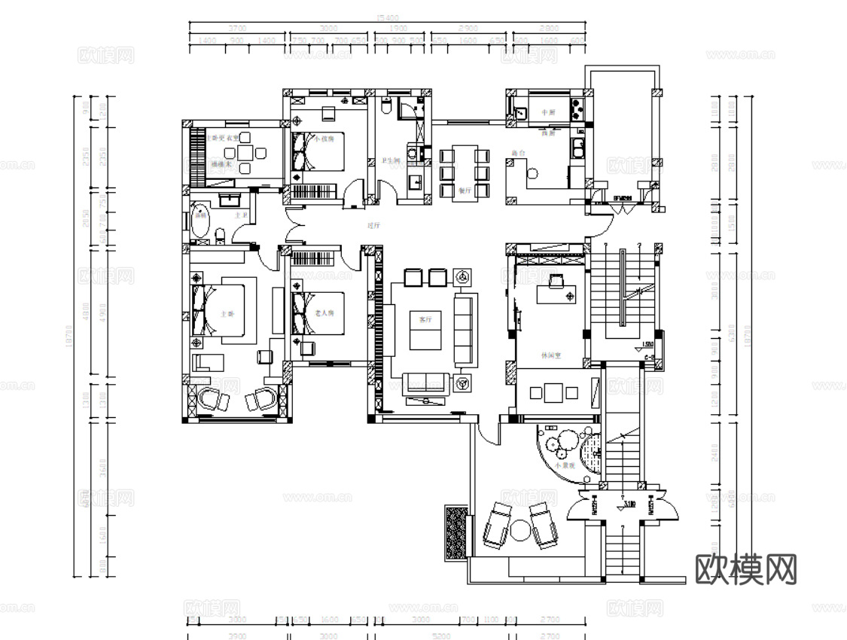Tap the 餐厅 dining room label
coord(465,191)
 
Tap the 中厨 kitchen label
coord(548,113)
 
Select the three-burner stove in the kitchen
coord(577,110)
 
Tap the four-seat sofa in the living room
coord(465,329)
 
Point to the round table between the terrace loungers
coord(519,531)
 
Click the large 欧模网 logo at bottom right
coord(745,569)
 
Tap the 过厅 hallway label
coord(373,225)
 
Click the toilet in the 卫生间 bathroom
coord(385,108)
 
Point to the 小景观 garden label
coord(565,467)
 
